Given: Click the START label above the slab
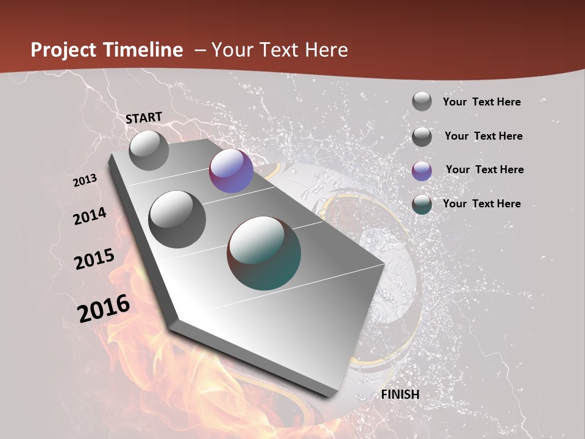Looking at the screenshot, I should point(144,118).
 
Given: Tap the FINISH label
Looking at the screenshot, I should point(400,394).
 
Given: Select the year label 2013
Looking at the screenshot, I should point(85,180).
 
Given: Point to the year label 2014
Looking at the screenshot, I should point(90,216).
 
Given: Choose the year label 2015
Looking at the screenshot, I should point(94,259).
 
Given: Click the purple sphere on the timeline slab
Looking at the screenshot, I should point(231,171).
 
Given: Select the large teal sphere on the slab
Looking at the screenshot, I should point(264,253).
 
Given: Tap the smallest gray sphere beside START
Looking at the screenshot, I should point(149,150).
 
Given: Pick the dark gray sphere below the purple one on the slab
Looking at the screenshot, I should point(177,219).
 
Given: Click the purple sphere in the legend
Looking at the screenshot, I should point(422,171).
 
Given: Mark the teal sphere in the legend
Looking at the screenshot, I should point(422,204).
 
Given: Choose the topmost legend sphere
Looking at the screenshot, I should point(422,101).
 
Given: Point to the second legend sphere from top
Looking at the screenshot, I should point(422,137).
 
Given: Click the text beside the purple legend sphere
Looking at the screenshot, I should point(484,170).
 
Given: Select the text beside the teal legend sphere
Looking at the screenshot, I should point(481,204).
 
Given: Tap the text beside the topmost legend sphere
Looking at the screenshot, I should point(481,102).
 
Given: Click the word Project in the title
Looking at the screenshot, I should point(63,50).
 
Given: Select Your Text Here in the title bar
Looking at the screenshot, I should point(280,50).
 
